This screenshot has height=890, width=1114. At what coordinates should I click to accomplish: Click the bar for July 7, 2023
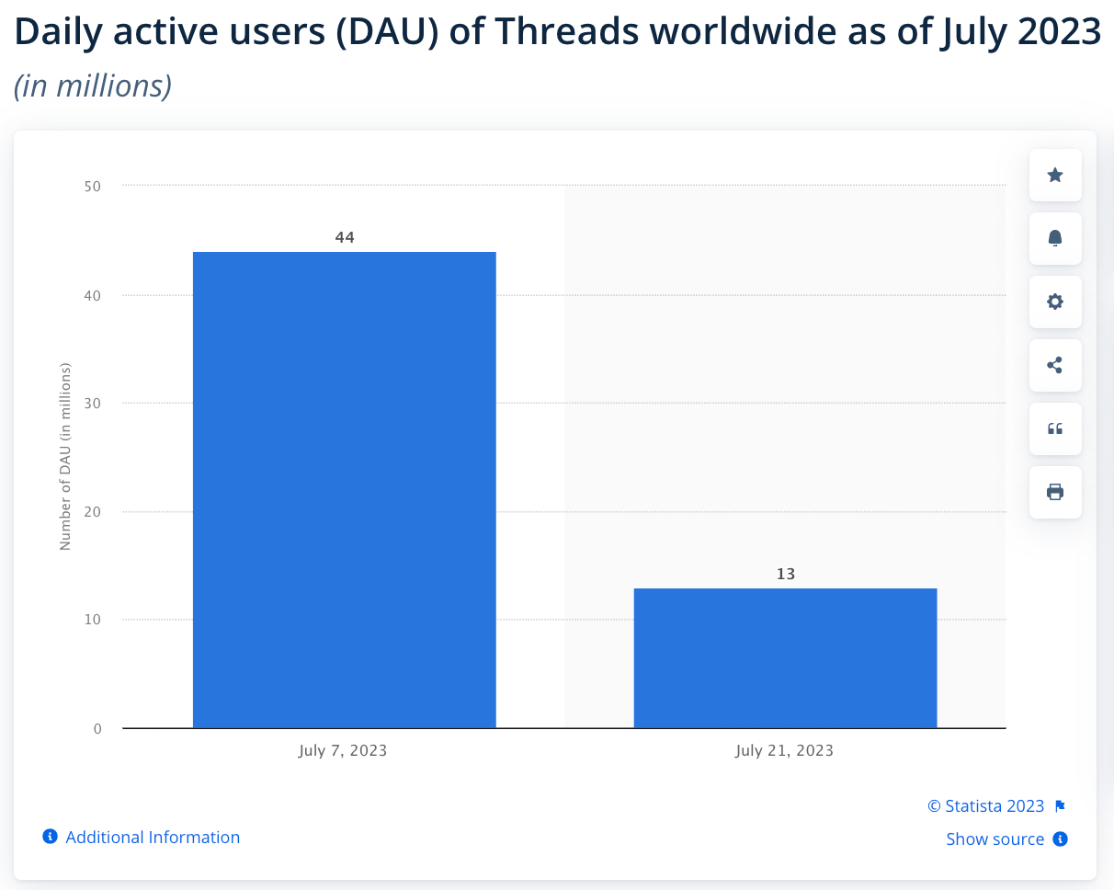coord(344,489)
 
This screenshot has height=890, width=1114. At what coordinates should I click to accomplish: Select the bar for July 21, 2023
coord(785,657)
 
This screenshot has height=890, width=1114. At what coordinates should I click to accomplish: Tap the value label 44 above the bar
coord(345,237)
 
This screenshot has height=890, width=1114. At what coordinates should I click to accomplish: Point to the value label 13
coord(785,574)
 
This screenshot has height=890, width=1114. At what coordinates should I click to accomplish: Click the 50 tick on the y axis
coord(92,187)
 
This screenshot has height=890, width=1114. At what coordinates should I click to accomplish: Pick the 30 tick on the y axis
coord(92,404)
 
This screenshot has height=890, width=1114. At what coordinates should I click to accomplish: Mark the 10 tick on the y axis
coord(92,620)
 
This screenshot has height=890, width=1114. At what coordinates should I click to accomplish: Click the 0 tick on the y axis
coord(97,729)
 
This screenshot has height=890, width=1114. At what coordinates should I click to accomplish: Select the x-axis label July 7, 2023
coord(343,750)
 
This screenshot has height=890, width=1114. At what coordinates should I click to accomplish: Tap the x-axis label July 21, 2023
coord(784,750)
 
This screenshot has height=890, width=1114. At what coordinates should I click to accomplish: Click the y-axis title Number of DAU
coord(65,457)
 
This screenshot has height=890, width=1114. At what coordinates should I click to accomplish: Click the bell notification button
coord(1055,238)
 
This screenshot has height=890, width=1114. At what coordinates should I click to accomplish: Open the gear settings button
coord(1055,302)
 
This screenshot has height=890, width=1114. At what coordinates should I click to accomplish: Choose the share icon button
coord(1055,365)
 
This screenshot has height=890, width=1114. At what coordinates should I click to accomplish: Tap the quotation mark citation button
coord(1055,428)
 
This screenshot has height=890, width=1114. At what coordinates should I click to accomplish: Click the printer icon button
coord(1055,492)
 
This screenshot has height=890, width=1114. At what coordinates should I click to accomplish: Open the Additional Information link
coord(152,837)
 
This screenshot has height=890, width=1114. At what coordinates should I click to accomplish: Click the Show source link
coord(995,839)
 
